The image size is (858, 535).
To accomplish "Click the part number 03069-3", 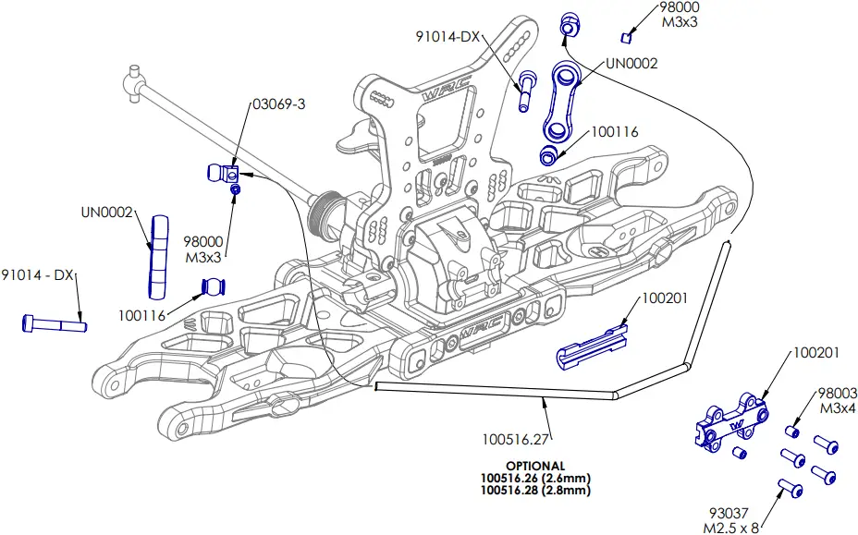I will (278, 104).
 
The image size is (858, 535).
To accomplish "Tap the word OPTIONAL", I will (535, 465).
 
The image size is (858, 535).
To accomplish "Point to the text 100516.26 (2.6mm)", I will (535, 478).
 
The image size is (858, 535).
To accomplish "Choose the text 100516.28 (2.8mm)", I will (535, 491).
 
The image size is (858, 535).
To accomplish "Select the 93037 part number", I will (730, 515).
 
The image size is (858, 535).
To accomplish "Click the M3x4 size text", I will (836, 407).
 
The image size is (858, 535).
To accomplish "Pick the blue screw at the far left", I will (53, 323).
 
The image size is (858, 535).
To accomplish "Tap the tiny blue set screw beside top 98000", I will (627, 37).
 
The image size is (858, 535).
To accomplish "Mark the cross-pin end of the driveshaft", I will (137, 80).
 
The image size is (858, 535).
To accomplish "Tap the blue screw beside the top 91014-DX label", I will (527, 90).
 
